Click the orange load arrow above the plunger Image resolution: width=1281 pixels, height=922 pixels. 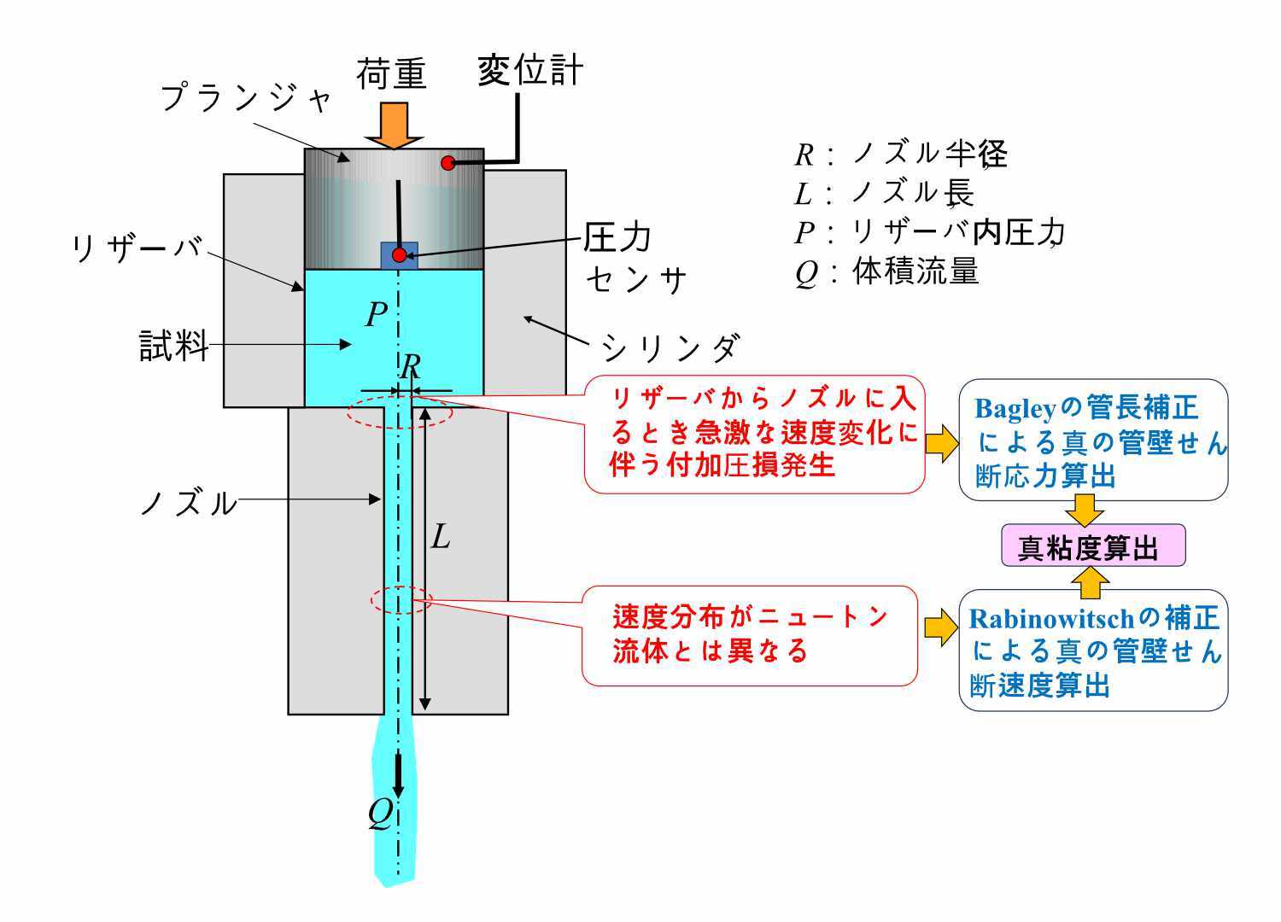pos(394,125)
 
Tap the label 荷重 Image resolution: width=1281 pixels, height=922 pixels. pos(392,73)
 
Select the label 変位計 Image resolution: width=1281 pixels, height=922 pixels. pos(530,70)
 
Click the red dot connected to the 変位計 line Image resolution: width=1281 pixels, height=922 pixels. pos(447,163)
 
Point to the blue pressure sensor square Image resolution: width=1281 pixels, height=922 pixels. pos(399,255)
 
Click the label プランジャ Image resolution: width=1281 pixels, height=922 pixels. pos(246,97)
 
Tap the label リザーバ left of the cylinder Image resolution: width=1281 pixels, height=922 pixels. pos(137,248)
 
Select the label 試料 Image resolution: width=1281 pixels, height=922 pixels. pos(174,345)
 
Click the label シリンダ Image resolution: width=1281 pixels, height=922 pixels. pos(670,347)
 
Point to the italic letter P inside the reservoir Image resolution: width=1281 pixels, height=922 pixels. pos(377,314)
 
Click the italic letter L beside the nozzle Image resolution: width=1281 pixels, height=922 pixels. pos(441,537)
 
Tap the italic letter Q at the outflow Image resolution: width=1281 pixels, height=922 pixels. pos(381,814)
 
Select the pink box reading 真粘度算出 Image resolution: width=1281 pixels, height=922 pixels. pos(1093,546)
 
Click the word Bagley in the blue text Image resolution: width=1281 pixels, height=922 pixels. pos(1015,410)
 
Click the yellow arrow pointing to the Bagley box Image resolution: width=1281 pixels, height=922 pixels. pos(942,443)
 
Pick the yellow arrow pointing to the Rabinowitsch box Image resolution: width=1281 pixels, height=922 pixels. pos(941,627)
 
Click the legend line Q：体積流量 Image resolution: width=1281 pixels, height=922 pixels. pos(886,271)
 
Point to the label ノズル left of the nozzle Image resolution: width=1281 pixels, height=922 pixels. pos(189,503)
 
